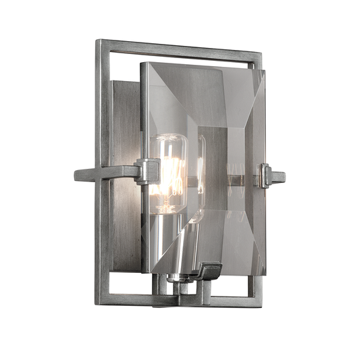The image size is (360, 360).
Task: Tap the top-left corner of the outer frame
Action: click(98, 43)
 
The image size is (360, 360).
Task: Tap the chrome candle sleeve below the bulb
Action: click(170, 243)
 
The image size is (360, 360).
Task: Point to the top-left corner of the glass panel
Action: click(141, 63)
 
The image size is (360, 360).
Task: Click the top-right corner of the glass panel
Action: click(264, 72)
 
